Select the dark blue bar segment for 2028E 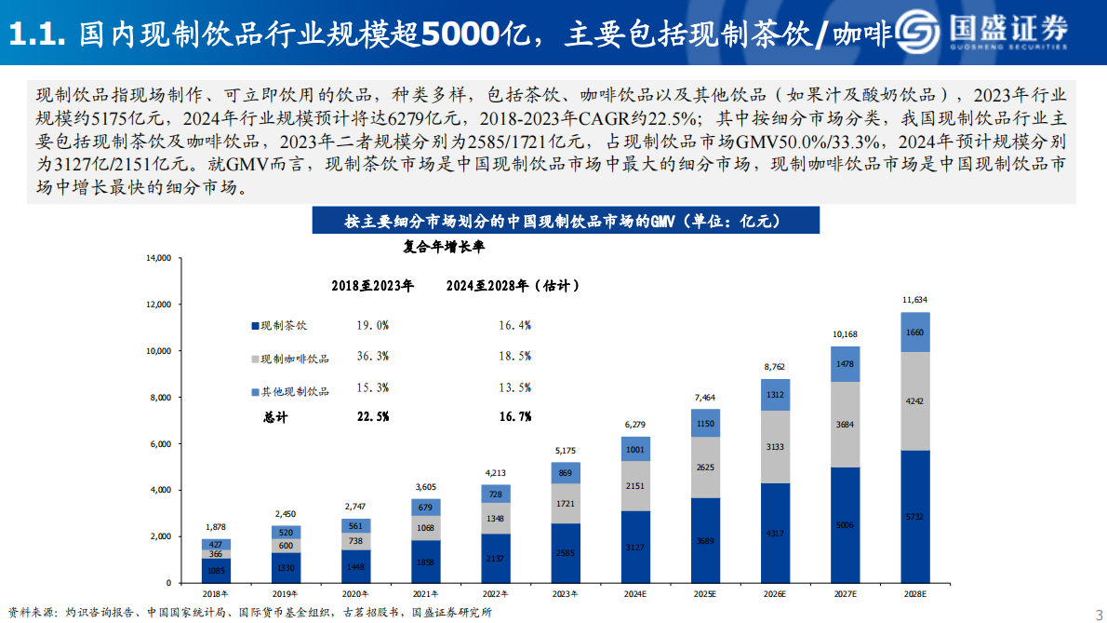[915, 516]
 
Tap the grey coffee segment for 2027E [845, 424]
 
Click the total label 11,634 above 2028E [915, 300]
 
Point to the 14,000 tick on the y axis [159, 258]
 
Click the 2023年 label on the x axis [564, 593]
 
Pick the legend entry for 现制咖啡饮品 [288, 358]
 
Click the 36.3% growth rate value [372, 356]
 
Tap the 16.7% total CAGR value [514, 416]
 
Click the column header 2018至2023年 [373, 286]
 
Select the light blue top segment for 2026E [775, 394]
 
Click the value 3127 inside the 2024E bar [634, 547]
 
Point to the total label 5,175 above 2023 [565, 451]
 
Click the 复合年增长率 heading [443, 248]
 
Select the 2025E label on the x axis [704, 593]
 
